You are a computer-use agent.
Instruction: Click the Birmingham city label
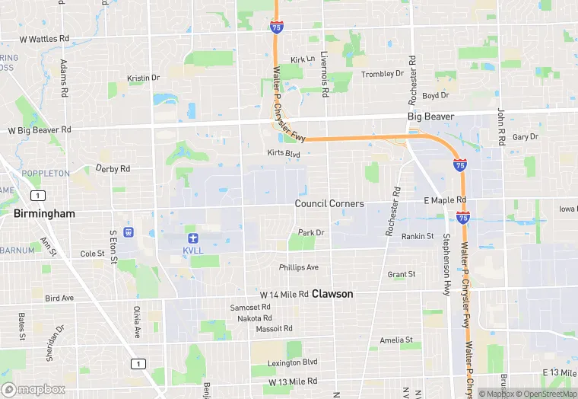pos(44,214)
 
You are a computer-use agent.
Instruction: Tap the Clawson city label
pos(332,293)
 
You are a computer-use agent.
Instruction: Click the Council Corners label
pos(329,203)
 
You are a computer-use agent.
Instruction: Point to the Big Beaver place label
pos(430,117)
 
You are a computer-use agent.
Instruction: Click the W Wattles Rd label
pos(44,38)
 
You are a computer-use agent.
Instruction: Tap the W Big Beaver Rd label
pos(40,129)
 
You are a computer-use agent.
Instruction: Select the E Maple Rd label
pos(445,200)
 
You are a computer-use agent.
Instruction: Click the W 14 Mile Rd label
pos(284,294)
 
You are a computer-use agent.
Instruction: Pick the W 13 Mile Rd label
pos(292,381)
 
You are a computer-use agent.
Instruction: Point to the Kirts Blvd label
pos(284,153)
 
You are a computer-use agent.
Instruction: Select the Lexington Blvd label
pos(292,362)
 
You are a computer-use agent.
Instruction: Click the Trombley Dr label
pos(383,74)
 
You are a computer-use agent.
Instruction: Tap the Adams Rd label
pos(64,74)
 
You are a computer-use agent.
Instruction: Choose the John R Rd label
pos(501,127)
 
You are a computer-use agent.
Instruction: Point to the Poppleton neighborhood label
pos(46,174)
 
